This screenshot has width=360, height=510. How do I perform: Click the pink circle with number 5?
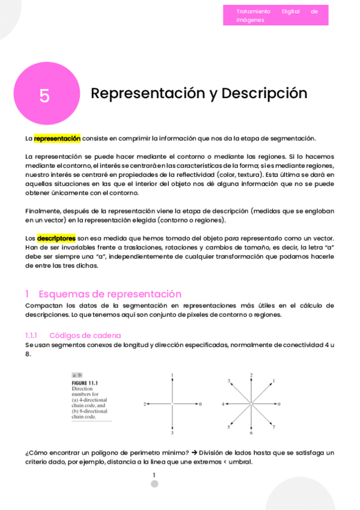point(46,94)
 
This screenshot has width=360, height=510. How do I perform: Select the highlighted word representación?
point(57,138)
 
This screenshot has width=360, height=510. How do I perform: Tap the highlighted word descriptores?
point(56,238)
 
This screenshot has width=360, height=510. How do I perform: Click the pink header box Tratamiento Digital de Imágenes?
point(275,15)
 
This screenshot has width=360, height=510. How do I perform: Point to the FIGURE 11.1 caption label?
point(84,383)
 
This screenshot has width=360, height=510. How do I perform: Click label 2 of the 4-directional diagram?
point(145,404)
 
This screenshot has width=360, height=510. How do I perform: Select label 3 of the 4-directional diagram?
point(172,433)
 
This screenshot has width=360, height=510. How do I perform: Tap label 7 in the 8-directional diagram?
point(274,427)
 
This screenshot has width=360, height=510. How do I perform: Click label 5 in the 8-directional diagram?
point(228,427)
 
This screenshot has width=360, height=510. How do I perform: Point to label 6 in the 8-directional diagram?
point(251,433)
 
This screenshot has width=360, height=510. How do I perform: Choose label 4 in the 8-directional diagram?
point(223,404)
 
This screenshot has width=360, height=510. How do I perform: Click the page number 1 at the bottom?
point(154,475)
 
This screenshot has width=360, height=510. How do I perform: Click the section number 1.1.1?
point(31,335)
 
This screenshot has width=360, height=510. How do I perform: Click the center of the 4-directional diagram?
point(172,404)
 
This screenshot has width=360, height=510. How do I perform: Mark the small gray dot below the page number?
point(154,484)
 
